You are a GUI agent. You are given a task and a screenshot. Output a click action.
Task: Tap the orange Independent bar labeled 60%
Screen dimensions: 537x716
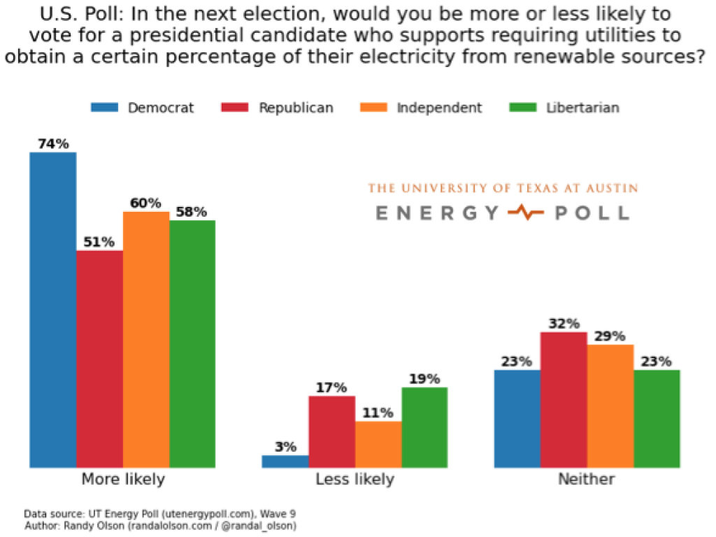[146, 339]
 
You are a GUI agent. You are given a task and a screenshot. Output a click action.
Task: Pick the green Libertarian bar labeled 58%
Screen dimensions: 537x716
[192, 343]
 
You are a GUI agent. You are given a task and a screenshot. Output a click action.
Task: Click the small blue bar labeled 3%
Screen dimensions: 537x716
[285, 461]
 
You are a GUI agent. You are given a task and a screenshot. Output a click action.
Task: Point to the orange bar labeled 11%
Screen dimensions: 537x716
[378, 444]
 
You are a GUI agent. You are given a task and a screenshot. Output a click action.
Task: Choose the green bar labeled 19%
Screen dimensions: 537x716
[424, 427]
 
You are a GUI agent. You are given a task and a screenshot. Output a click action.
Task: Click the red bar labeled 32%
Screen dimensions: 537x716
[564, 399]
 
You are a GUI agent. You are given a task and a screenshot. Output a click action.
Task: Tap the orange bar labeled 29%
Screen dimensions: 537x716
[610, 406]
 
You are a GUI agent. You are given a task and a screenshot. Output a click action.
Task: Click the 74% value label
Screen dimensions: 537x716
[53, 144]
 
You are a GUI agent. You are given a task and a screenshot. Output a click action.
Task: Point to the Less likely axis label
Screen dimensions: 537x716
[355, 480]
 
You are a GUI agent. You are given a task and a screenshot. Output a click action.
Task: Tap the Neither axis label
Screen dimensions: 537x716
[587, 480]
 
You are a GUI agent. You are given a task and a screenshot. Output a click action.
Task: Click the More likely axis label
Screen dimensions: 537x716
[123, 480]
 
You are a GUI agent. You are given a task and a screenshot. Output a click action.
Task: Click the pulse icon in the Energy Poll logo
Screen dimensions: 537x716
[526, 212]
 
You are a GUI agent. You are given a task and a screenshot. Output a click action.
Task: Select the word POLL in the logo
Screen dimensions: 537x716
[592, 213]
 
